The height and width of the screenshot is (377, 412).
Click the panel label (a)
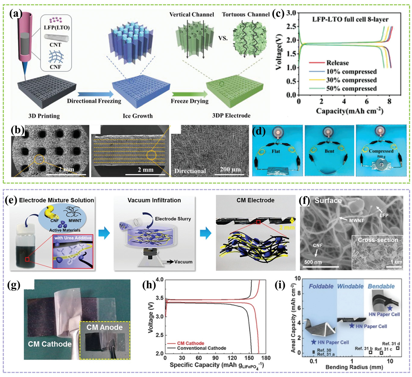click(x=16, y=14)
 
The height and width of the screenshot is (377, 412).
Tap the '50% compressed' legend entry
click(x=351, y=88)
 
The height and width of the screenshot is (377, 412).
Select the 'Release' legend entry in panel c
click(x=337, y=63)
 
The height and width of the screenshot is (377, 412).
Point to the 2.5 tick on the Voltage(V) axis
click(x=291, y=26)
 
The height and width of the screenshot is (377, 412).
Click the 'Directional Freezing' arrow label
click(x=94, y=101)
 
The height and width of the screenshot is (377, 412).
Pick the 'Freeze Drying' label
click(x=190, y=101)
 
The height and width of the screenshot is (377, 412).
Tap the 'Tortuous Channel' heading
click(x=246, y=14)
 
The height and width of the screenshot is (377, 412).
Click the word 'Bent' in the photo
click(x=329, y=151)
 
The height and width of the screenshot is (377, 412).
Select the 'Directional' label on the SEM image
click(x=190, y=171)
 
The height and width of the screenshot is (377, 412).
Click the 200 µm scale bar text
click(x=230, y=169)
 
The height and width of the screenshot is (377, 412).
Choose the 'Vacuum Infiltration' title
click(x=154, y=200)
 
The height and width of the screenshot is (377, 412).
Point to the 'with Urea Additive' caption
click(x=73, y=238)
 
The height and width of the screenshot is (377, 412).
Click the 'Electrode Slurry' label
click(x=173, y=219)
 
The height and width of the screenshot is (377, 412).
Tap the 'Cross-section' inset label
click(x=378, y=240)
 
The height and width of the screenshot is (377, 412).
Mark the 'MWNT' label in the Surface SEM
click(x=357, y=221)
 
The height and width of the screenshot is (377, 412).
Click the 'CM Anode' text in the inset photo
click(x=105, y=327)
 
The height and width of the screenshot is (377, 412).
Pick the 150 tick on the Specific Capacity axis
click(x=249, y=358)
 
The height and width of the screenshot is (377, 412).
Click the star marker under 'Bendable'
click(x=390, y=308)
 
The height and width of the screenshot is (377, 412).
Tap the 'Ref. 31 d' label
click(x=391, y=344)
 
